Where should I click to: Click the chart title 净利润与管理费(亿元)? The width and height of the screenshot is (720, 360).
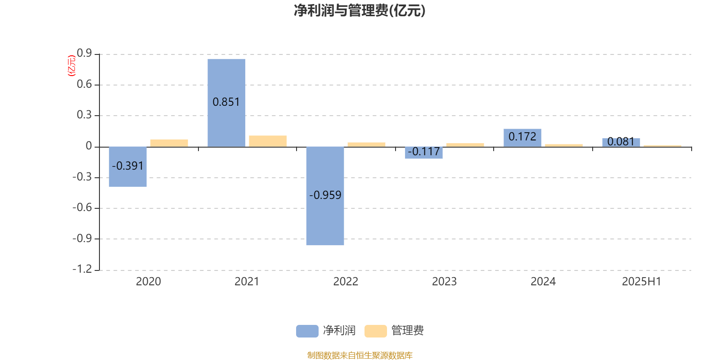tap(360, 11)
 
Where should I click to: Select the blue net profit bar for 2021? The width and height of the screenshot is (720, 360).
tap(226, 103)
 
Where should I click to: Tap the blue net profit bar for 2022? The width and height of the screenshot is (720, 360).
tap(325, 196)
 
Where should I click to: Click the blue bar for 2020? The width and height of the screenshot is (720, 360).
tap(128, 167)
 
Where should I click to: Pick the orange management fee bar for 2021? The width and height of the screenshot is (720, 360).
tap(268, 141)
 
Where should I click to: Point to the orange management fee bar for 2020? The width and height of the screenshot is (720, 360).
tap(169, 143)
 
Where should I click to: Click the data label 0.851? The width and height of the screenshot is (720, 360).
tap(226, 102)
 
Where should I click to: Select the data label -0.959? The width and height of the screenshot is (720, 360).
tap(325, 195)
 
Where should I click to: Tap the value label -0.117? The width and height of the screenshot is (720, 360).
tap(423, 151)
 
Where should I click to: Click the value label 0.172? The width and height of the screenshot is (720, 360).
tap(522, 137)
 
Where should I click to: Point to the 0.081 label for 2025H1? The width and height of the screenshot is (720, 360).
tap(621, 141)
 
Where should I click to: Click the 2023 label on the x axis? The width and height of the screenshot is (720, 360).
tap(444, 282)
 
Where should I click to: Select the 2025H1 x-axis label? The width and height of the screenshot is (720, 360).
tap(642, 282)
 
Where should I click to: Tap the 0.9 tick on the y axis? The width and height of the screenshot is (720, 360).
tap(84, 53)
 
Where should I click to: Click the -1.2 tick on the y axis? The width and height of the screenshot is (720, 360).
tap(82, 269)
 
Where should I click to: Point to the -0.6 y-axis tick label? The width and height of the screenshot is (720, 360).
tap(82, 207)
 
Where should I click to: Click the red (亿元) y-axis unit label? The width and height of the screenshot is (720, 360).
tap(72, 66)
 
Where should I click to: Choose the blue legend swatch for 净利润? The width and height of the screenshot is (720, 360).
tap(307, 331)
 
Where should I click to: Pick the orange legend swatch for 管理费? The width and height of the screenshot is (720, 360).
tap(375, 331)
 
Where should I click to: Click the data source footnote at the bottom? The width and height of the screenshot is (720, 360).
tap(360, 355)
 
